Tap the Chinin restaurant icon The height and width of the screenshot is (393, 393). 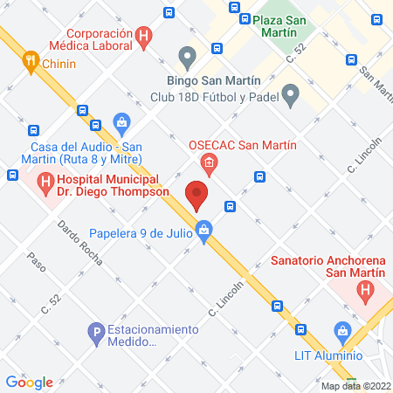coord(31,61)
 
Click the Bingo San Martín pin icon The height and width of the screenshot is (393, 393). coord(185,57)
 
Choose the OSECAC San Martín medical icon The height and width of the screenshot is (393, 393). coord(208,162)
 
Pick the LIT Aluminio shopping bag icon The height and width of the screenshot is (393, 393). coord(343,332)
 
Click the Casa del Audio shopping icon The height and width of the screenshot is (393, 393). coord(122,122)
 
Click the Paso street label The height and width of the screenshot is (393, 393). coord(36,259)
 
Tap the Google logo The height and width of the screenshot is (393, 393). coord(29,382)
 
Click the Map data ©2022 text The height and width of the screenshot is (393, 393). coord(356,386)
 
